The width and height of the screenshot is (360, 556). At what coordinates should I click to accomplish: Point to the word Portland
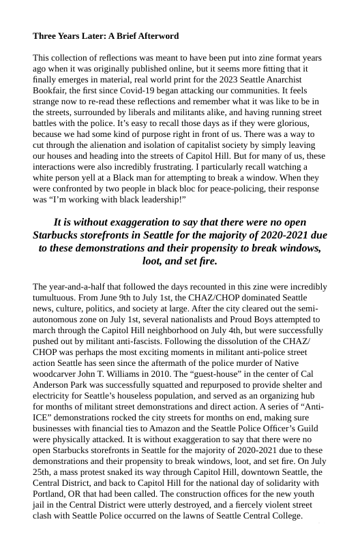[52, 493]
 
